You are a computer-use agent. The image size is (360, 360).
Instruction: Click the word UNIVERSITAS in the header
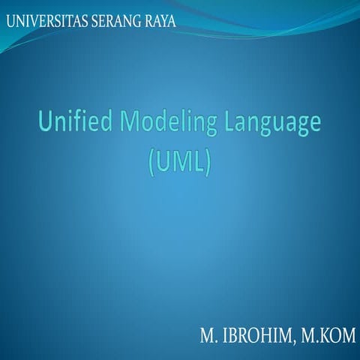point(46,20)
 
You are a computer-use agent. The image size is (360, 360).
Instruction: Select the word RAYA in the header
point(160,20)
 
